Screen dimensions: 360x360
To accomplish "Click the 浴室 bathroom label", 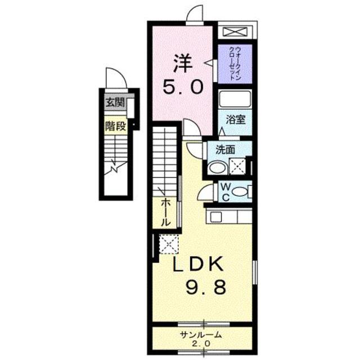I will click(x=235, y=120).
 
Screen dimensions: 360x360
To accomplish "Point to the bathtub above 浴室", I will click(x=235, y=100).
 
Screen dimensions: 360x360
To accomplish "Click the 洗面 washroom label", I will click(x=225, y=150).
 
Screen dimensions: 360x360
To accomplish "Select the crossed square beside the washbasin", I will click(x=237, y=166).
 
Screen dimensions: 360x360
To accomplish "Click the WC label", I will click(x=224, y=191).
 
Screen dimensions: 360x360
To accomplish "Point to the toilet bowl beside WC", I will click(x=240, y=192).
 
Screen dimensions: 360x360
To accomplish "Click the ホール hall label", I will click(x=165, y=211).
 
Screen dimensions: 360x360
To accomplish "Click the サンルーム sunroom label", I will click(x=201, y=335).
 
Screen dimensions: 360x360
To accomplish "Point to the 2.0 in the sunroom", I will click(x=201, y=344).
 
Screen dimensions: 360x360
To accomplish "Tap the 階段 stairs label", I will click(x=115, y=125).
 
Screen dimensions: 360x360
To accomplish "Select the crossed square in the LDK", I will click(x=168, y=244).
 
